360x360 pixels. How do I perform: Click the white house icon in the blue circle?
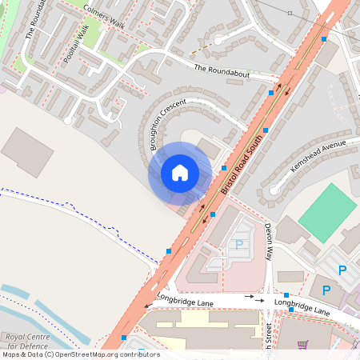click(x=180, y=173)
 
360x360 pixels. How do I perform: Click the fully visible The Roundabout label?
click(x=222, y=70)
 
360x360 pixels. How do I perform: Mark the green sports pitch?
click(x=327, y=212)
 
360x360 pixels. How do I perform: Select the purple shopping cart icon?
click(x=302, y=346)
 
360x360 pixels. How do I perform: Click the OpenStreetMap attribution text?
click(x=80, y=354)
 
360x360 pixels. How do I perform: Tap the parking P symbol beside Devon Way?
click(x=238, y=246)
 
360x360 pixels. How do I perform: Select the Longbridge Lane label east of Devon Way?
click(x=302, y=306)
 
